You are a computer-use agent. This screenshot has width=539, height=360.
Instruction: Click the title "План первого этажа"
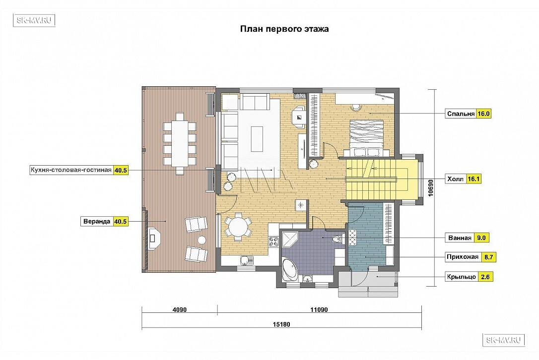284,29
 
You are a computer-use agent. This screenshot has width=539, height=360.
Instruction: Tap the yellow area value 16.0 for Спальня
483,114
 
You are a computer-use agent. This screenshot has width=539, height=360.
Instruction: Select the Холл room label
456,179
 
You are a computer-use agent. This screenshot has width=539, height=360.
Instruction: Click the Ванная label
460,238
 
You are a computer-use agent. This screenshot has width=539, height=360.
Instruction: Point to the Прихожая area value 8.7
488,257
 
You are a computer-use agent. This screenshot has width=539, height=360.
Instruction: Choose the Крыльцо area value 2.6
485,277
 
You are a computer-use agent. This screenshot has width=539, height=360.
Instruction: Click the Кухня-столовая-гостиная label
71,170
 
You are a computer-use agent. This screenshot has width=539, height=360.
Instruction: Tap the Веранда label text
97,222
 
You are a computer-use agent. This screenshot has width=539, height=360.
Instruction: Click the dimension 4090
180,310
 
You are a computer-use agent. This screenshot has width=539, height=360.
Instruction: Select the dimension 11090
319,310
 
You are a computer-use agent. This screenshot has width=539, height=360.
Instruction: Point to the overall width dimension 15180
281,324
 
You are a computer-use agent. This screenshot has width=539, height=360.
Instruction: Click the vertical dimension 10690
431,187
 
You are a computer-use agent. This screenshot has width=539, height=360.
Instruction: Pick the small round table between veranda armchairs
202,240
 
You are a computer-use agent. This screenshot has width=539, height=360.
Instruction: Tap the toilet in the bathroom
338,239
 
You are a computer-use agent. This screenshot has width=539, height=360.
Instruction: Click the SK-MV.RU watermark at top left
34,20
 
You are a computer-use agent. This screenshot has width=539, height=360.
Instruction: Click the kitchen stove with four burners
273,241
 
